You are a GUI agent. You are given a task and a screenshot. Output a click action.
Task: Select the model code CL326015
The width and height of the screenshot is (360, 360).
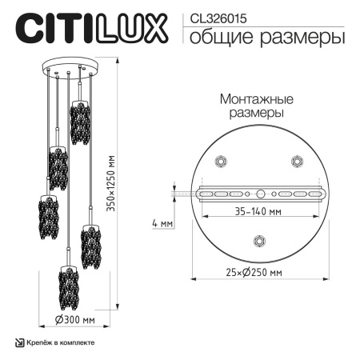[214, 16]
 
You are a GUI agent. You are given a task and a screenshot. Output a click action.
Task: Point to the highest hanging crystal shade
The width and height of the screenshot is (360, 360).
[78, 122]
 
